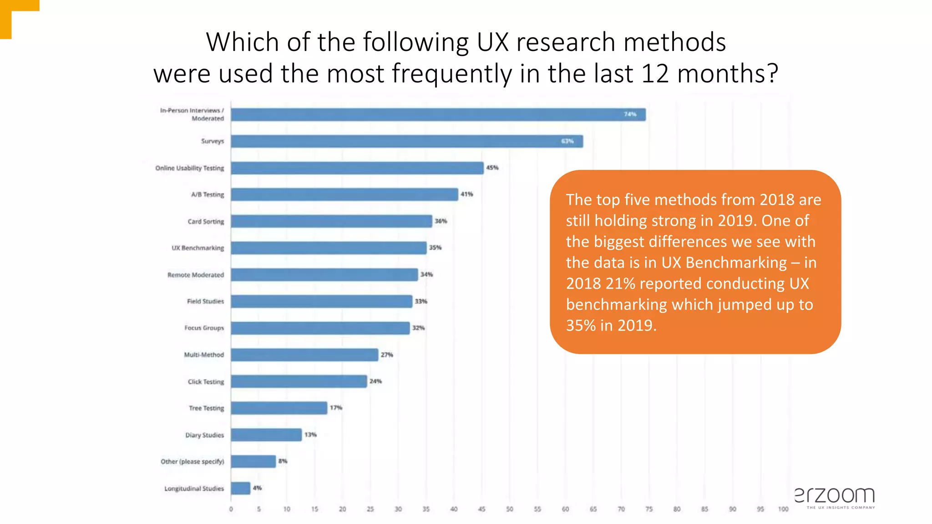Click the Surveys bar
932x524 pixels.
click(x=406, y=141)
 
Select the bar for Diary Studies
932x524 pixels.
click(x=266, y=435)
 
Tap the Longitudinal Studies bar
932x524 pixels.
click(x=240, y=488)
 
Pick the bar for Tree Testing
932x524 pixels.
click(x=279, y=408)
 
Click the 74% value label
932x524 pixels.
click(x=630, y=114)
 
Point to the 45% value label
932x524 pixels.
click(x=492, y=168)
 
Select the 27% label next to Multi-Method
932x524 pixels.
click(x=387, y=355)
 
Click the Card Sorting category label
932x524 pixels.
click(x=206, y=222)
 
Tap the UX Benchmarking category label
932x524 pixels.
click(x=198, y=248)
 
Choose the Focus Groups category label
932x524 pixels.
click(x=204, y=328)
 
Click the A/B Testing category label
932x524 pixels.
click(x=208, y=195)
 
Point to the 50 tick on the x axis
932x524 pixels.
click(x=510, y=509)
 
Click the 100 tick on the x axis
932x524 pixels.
click(x=783, y=509)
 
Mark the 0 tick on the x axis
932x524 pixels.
click(x=231, y=509)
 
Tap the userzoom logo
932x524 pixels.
click(x=835, y=497)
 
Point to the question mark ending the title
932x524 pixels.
click(x=772, y=74)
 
